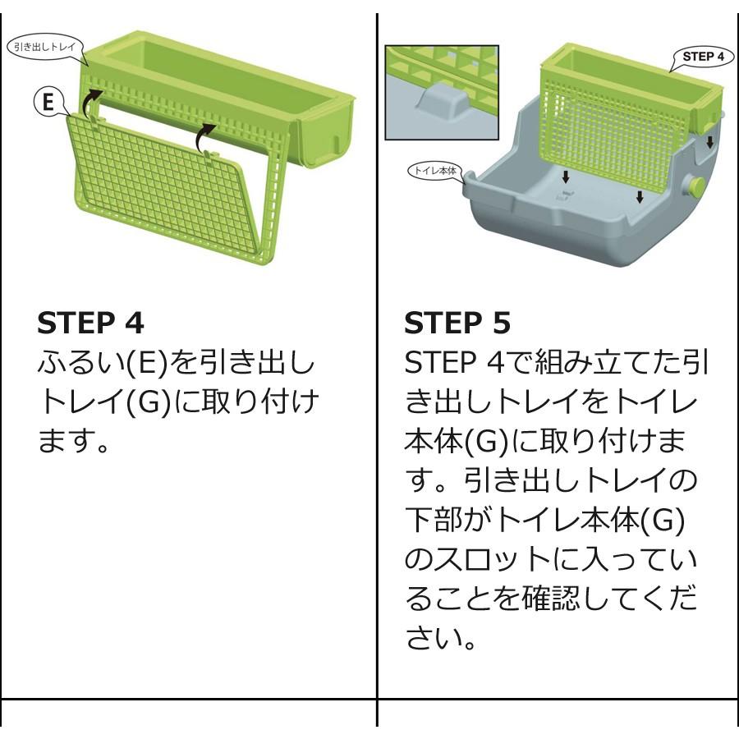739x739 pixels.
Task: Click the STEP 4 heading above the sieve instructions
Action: point(90,323)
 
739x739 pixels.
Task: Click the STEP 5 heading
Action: point(457,323)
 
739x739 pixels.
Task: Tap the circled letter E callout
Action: point(48,101)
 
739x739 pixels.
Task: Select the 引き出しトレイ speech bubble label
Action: point(45,47)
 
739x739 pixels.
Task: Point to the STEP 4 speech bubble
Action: point(703,57)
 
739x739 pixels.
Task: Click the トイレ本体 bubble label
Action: point(434,170)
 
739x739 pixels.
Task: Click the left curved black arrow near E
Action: point(91,101)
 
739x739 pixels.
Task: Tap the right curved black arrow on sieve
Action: point(205,136)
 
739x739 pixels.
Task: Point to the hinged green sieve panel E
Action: point(160,189)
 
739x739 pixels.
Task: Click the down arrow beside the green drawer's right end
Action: point(709,142)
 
